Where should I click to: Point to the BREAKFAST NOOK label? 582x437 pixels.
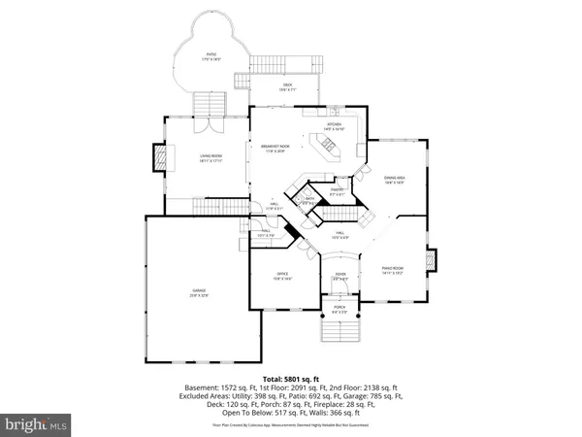[x=276, y=148]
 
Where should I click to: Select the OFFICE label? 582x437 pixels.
[x=283, y=276]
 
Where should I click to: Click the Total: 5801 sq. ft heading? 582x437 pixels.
[x=290, y=377]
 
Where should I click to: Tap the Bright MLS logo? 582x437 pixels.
[x=36, y=424]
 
